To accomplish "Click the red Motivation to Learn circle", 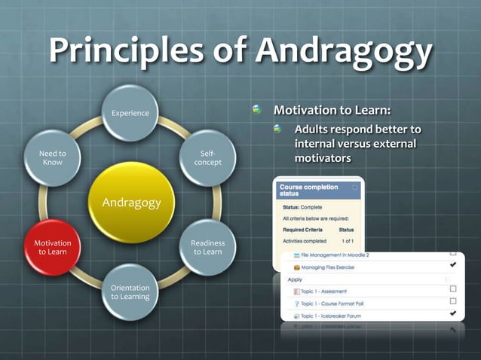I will click(x=53, y=248).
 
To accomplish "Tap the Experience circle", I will click(x=130, y=113).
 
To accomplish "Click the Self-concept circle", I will click(x=207, y=158).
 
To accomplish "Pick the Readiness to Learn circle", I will click(x=207, y=248).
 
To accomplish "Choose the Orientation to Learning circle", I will click(x=130, y=292).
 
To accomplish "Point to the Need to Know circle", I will click(x=53, y=158).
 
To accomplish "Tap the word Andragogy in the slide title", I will click(x=344, y=51).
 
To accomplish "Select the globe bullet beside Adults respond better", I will click(x=279, y=129).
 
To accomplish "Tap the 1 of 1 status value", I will click(x=348, y=241).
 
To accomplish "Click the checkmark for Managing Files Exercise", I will click(x=453, y=265).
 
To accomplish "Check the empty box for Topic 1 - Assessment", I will click(x=453, y=289).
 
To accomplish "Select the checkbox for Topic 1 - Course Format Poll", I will click(x=453, y=301).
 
